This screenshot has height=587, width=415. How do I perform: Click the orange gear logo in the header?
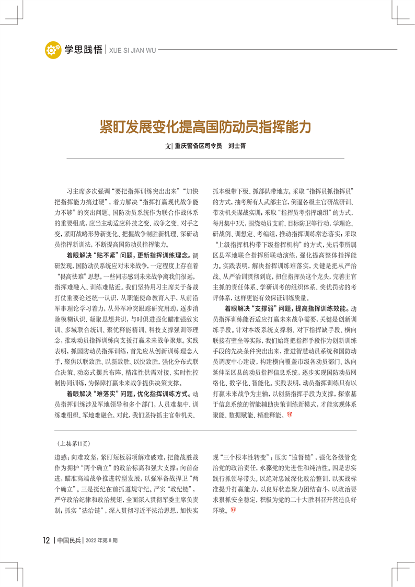coord(53,50)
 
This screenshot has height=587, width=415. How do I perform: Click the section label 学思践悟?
coord(83,50)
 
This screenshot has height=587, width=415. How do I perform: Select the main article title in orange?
coord(206,127)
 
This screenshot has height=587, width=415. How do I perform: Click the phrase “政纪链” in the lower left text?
coord(180,489)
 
